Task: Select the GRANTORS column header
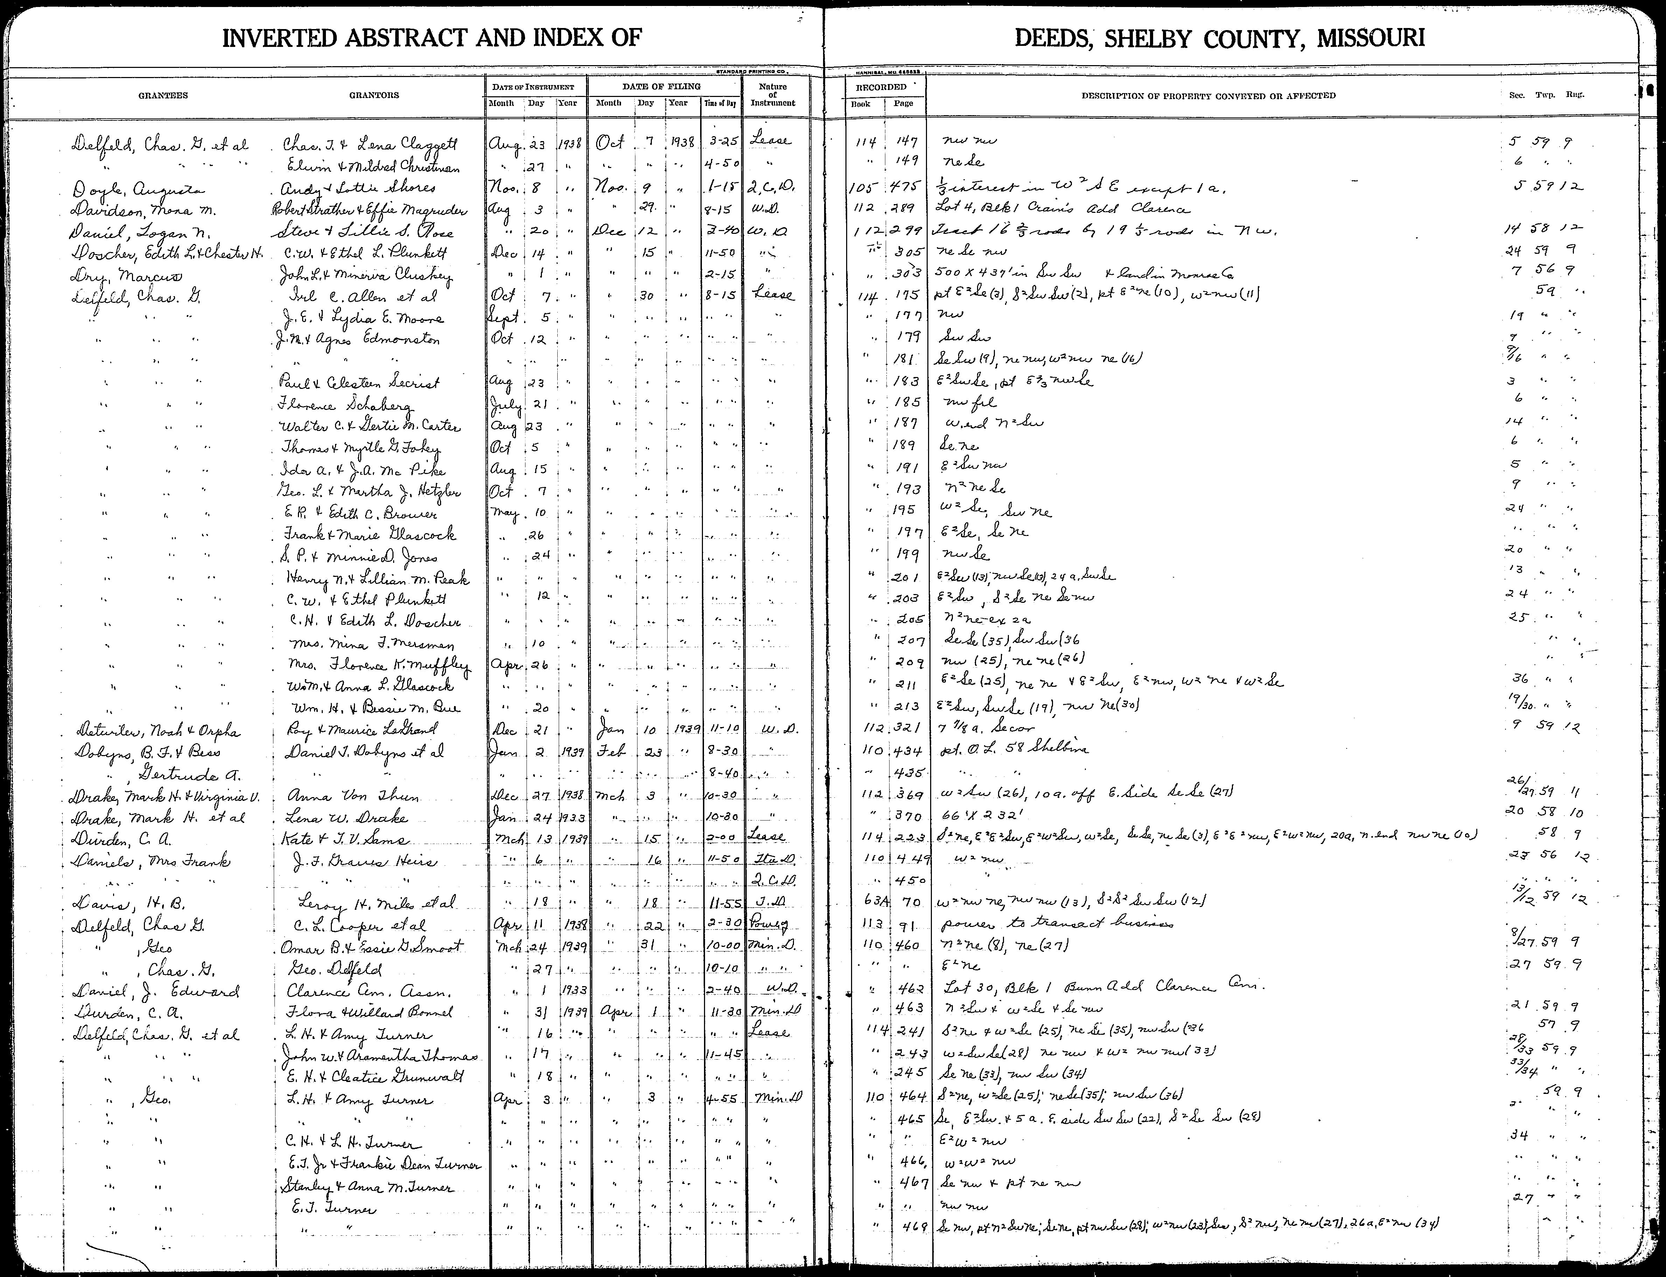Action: (x=374, y=96)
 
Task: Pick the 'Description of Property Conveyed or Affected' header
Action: (x=1208, y=96)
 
